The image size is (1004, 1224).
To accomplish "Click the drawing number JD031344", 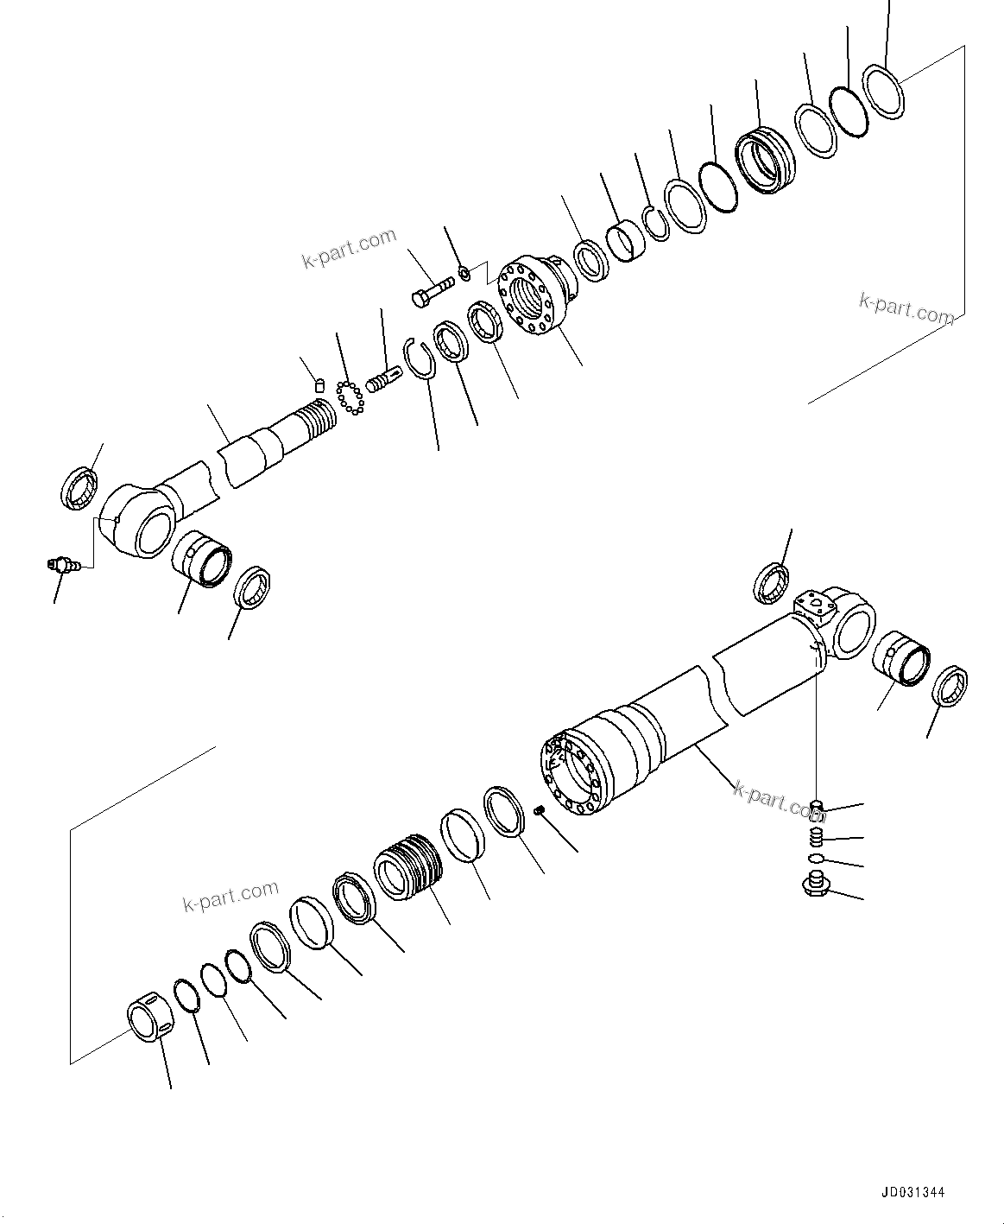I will coord(912,1192).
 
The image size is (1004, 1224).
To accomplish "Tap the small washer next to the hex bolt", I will coord(464,274).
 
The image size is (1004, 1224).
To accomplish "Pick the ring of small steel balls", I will coord(350,396).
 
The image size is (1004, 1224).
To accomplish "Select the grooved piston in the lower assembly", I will coord(407,866).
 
